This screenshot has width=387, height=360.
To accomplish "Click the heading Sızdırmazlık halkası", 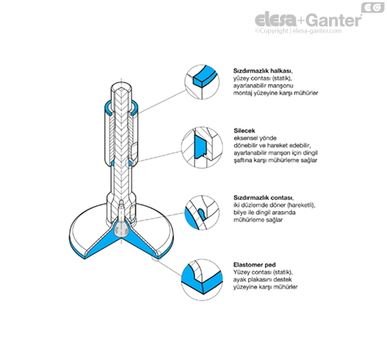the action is point(262,71).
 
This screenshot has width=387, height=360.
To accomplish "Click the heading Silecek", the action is point(244,131).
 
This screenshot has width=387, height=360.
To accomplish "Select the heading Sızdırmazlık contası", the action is point(263,197).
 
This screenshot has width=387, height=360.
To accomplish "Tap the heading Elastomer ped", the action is point(255,265).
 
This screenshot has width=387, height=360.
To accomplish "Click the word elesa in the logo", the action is point(276,20).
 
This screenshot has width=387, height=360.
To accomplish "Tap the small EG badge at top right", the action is point(373,8).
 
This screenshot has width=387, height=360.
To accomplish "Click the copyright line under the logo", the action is point(298,31).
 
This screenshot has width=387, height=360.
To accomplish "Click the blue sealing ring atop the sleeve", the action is point(107,109).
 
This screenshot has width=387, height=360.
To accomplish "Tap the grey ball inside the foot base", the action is point(121,229).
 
